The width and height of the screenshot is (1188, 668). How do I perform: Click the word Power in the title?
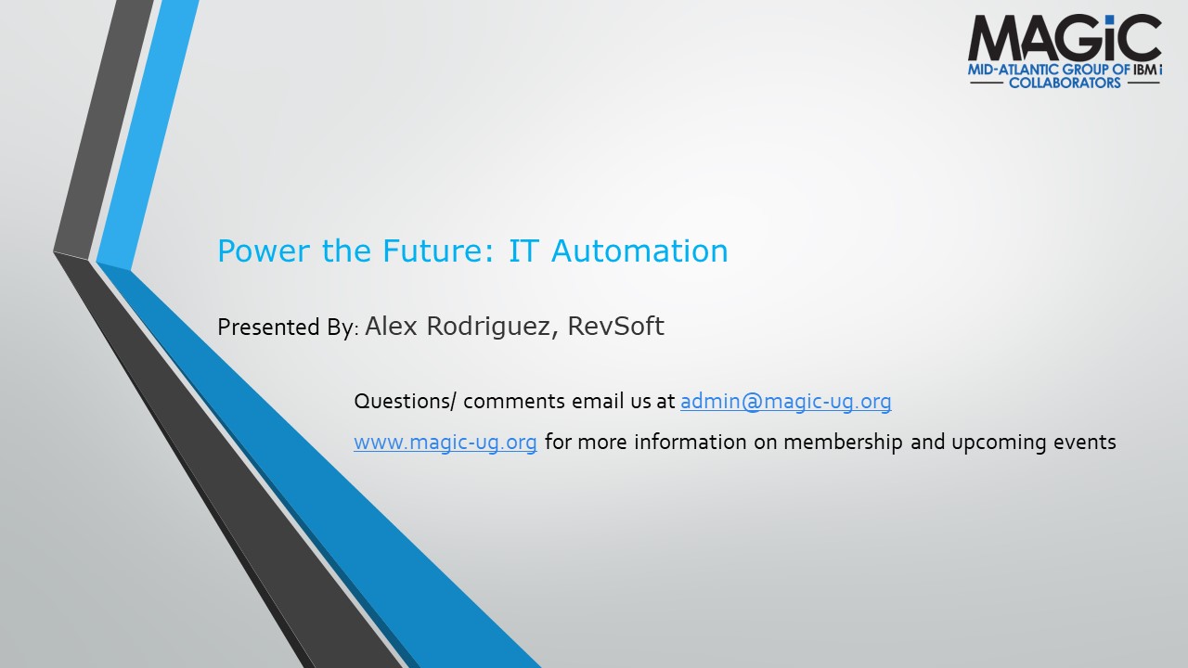pyautogui.click(x=265, y=250)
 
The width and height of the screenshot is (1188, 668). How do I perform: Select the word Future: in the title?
pyautogui.click(x=438, y=250)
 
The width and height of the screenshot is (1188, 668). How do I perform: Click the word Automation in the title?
pyautogui.click(x=639, y=250)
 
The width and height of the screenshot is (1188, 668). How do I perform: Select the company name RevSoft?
pyautogui.click(x=615, y=326)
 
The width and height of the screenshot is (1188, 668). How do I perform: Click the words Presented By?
pyautogui.click(x=289, y=328)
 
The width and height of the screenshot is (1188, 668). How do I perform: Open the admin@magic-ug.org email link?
pyautogui.click(x=785, y=402)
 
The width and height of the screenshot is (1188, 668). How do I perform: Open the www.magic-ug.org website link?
pyautogui.click(x=445, y=443)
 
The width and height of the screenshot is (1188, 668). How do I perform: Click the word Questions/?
pyautogui.click(x=405, y=402)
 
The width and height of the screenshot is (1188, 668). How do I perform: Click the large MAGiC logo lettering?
pyautogui.click(x=1065, y=38)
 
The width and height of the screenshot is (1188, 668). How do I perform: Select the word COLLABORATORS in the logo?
pyautogui.click(x=1065, y=83)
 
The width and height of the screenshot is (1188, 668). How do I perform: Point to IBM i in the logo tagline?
pyautogui.click(x=1148, y=70)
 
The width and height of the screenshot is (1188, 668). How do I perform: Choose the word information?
pyautogui.click(x=690, y=442)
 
